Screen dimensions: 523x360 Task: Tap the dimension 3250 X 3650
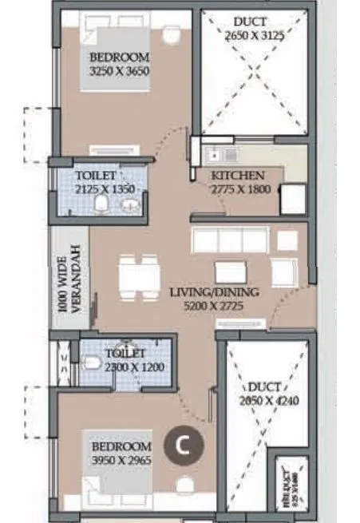click(120, 71)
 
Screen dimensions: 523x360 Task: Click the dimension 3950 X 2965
click(121, 460)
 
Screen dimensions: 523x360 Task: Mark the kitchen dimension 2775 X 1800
click(241, 189)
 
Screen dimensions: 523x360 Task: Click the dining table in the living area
click(139, 275)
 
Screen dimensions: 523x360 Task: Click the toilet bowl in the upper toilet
click(101, 205)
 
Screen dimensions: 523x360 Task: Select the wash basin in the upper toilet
click(129, 206)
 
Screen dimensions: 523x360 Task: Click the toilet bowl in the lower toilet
click(91, 363)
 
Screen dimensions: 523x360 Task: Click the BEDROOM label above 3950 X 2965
click(121, 446)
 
